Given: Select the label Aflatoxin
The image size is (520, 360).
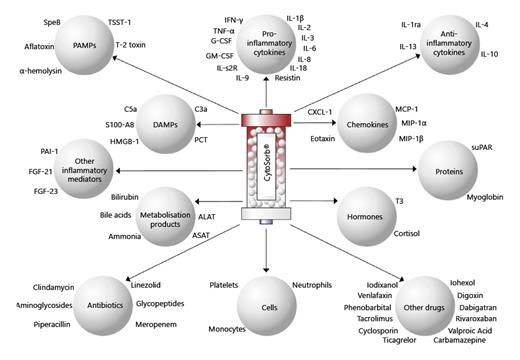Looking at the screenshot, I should (x=39, y=45).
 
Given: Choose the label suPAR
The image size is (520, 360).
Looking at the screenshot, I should (x=483, y=147).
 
